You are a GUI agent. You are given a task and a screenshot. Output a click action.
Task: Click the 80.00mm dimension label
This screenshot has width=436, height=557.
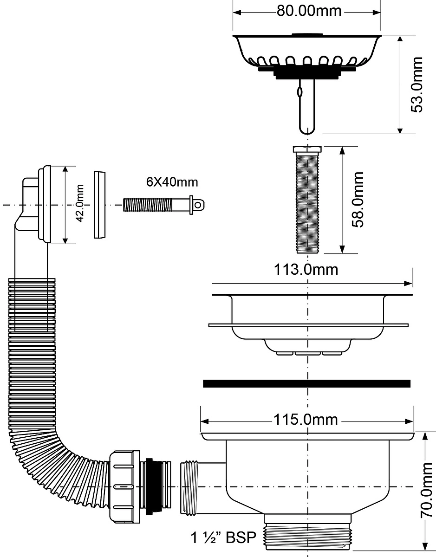tap(309, 11)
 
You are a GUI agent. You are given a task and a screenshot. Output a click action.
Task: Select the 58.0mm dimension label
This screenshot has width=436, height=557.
tap(358, 200)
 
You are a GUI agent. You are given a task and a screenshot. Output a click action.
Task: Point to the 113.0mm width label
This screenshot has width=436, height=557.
tap(306, 270)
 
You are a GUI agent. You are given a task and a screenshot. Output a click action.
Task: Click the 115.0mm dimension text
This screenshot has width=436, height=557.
tap(306, 420)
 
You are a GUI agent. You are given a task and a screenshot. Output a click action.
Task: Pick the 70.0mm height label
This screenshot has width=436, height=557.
tap(427, 490)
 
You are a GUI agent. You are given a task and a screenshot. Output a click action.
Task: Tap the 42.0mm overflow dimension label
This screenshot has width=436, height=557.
tap(80, 203)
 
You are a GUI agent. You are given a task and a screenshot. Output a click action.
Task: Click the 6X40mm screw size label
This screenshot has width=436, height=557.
tap(172, 182)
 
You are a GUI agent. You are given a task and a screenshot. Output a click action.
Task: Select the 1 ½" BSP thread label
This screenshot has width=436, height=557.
tap(223, 538)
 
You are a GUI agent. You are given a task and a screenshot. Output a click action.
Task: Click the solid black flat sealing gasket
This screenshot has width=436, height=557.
tap(307, 384)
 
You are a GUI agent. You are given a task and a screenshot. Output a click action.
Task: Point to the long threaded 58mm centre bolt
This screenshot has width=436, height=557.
tap(307, 200)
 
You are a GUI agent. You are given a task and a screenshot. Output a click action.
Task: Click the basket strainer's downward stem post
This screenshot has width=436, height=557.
tap(307, 106)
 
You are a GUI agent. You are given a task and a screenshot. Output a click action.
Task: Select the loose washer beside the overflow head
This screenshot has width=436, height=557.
tap(100, 205)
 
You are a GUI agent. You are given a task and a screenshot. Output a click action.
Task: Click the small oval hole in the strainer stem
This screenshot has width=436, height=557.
tap(299, 91)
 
